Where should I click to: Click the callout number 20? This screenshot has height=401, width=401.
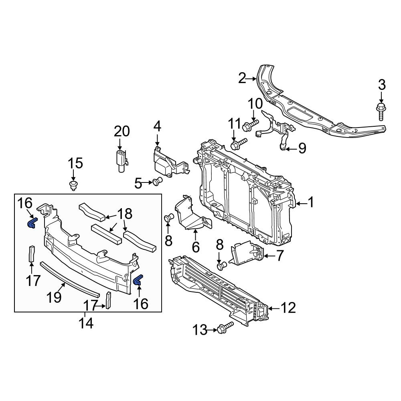[x=122, y=132]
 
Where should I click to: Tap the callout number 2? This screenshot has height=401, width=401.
[x=242, y=78]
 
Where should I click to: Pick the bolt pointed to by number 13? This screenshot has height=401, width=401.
[x=225, y=328]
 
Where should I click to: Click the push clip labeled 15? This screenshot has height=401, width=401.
[x=74, y=185]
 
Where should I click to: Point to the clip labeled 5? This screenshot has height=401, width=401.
[x=157, y=181]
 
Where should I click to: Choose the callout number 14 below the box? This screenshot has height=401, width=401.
[x=86, y=324]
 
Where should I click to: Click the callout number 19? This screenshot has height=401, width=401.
[x=54, y=297]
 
